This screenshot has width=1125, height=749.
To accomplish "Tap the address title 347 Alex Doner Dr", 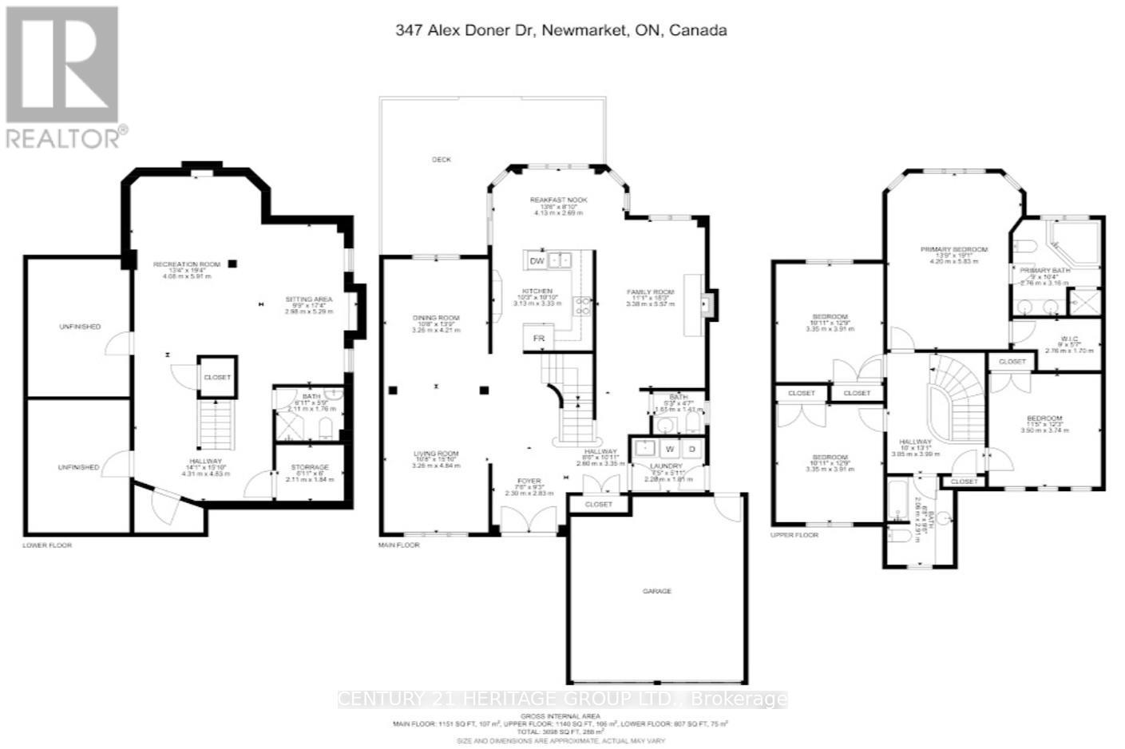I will [x=561, y=30].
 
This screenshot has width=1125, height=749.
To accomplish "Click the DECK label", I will [x=442, y=160].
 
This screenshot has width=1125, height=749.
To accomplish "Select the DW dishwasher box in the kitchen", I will [x=537, y=261].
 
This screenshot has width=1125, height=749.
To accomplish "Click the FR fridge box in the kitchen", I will [x=539, y=339].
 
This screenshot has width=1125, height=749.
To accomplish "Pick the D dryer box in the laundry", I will [x=691, y=449].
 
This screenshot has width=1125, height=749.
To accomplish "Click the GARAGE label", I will [x=657, y=591].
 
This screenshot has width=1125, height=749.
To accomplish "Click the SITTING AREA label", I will [x=308, y=299].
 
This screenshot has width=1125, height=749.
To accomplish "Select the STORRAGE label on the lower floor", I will [x=309, y=467].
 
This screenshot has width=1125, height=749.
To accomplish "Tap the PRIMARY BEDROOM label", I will [x=953, y=250].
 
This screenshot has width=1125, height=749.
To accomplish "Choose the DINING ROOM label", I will [x=435, y=318].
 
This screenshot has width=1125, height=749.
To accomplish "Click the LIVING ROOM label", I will [x=435, y=454].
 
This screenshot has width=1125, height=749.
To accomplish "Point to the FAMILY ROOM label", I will [x=651, y=292].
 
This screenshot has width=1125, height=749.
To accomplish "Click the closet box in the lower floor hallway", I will [x=217, y=377].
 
